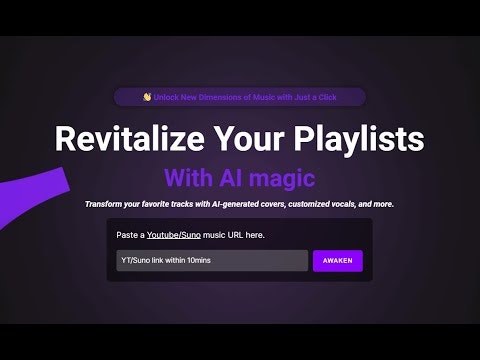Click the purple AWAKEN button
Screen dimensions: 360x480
click(338, 261)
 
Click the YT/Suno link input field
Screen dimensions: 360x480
click(211, 261)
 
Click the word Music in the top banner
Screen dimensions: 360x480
click(258, 97)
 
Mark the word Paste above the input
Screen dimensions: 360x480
click(128, 235)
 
